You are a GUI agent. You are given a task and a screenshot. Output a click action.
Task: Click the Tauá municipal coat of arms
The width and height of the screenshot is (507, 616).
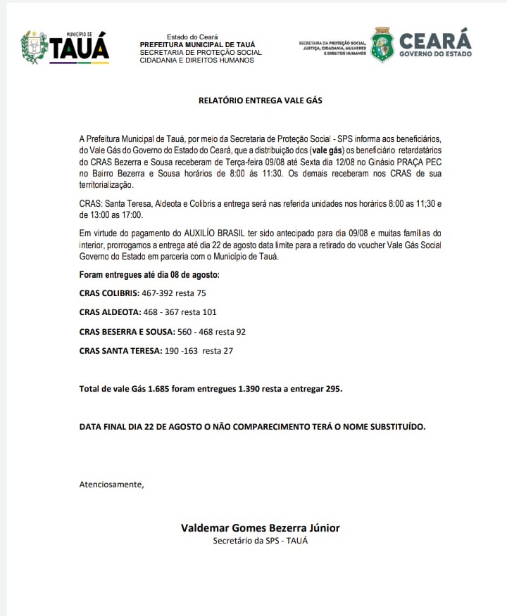tap(35, 47)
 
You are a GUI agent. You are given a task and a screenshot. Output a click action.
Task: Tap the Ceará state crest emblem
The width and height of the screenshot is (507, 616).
tap(382, 45)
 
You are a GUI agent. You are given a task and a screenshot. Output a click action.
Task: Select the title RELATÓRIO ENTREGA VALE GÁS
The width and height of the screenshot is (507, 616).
tap(260, 101)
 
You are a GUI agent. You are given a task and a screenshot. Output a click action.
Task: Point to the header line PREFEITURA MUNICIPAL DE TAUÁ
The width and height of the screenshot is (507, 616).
tap(197, 44)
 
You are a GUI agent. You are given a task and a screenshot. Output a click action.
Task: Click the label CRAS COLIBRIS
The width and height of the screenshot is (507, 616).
tap(108, 293)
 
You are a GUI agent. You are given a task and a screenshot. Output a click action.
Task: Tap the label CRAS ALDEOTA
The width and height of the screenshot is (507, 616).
tap(108, 312)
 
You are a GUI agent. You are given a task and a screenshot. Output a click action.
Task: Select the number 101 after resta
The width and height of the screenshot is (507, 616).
tap(209, 312)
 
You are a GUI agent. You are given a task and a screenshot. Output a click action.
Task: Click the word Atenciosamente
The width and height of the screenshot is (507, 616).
tap(111, 484)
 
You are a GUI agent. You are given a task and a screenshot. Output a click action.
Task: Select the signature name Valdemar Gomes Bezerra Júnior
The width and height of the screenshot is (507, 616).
tap(260, 527)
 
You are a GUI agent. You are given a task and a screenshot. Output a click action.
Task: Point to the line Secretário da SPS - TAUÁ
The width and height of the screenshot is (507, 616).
tap(260, 540)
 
